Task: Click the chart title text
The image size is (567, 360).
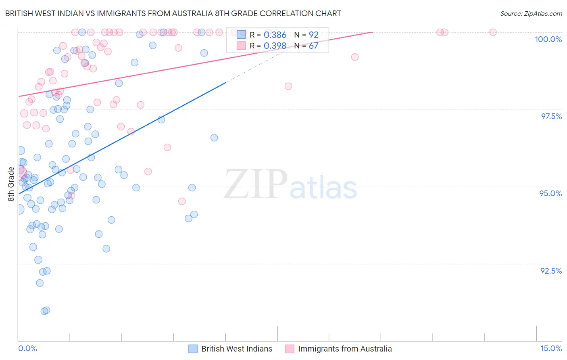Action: (x=173, y=13)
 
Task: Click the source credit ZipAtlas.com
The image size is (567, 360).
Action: (x=531, y=13)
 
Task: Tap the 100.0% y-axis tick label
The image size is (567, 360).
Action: (x=548, y=39)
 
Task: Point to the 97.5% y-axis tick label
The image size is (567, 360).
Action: (x=551, y=116)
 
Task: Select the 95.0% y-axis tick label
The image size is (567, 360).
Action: (x=550, y=193)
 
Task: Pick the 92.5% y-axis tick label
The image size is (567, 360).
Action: (x=551, y=271)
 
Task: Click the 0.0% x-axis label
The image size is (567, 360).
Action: (x=27, y=349)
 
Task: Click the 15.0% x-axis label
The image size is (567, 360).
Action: (x=551, y=349)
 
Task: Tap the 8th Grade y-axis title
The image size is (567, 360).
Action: (x=11, y=184)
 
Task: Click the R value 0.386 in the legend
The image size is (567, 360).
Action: (x=275, y=35)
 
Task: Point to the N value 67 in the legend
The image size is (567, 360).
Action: (x=313, y=46)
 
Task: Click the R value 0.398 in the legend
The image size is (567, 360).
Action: (x=275, y=46)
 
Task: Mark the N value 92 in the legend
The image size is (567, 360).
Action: (x=313, y=35)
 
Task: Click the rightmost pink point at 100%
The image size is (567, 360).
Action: (x=493, y=32)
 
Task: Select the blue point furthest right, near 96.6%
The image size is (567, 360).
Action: (x=214, y=138)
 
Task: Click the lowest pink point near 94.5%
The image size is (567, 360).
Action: (x=182, y=201)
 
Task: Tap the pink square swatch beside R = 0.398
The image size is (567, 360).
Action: (x=241, y=46)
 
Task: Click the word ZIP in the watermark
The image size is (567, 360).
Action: (x=255, y=184)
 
